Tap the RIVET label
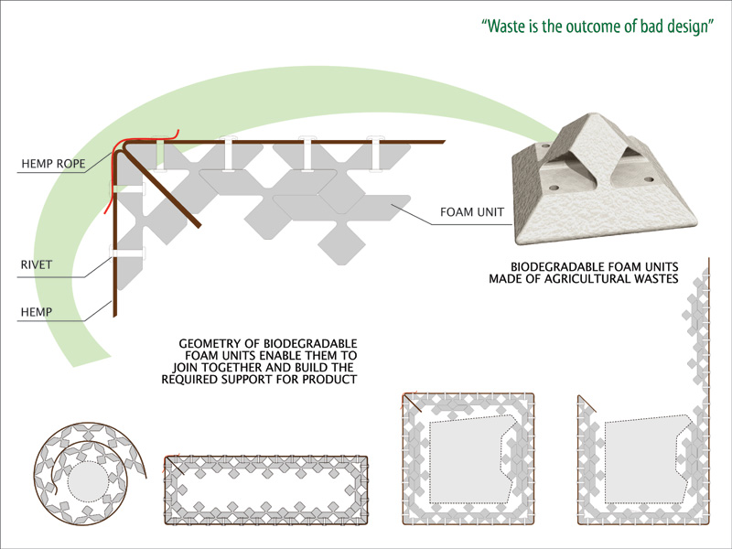pos(36,266)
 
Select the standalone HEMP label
pos(36,312)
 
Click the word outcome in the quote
pos(600,26)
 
